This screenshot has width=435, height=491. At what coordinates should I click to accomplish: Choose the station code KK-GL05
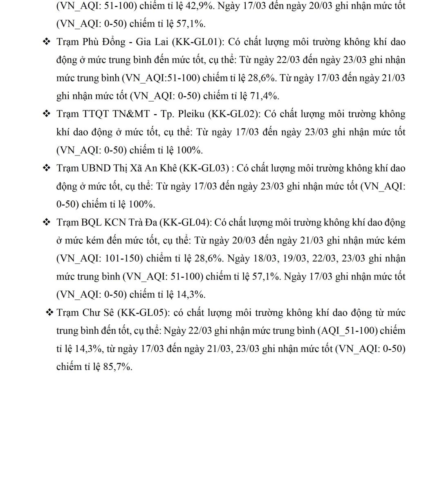(x=143, y=313)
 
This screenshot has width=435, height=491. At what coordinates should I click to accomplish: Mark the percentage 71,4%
(x=265, y=96)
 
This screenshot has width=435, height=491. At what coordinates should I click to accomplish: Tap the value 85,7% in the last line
(x=118, y=367)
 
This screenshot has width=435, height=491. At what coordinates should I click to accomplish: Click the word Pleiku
(x=191, y=114)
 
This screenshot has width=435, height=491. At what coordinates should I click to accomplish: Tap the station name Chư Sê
(x=100, y=313)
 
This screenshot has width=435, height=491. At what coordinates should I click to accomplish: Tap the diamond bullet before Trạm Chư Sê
(x=50, y=313)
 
